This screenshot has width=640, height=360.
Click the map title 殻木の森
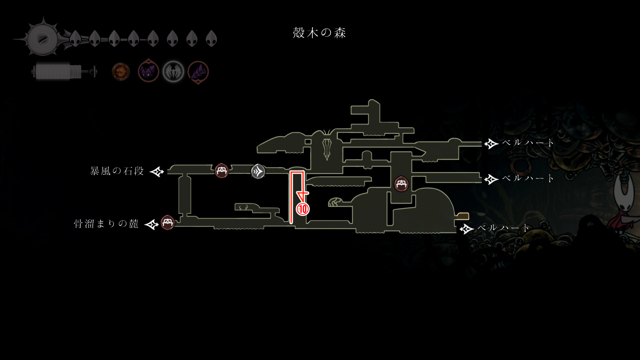click(x=319, y=33)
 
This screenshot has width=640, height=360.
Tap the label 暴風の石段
click(x=117, y=171)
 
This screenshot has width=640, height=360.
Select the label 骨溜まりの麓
click(x=106, y=224)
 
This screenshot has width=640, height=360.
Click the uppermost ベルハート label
click(x=527, y=143)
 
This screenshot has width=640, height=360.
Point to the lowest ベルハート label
click(x=503, y=228)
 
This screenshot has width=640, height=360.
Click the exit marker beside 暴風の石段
click(x=157, y=172)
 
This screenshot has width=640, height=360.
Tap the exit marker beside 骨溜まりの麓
click(x=152, y=224)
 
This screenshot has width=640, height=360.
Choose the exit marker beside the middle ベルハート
click(x=491, y=179)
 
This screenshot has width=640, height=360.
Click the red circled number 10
click(x=303, y=209)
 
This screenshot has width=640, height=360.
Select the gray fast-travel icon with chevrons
click(x=258, y=171)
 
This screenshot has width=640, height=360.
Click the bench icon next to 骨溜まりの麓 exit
click(x=168, y=223)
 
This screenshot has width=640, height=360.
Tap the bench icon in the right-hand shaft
click(x=401, y=184)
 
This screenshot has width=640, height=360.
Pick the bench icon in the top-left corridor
click(x=222, y=171)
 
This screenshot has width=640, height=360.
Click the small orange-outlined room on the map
click(x=463, y=216)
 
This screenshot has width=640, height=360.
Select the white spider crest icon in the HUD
click(x=173, y=72)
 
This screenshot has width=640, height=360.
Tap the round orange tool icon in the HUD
click(x=121, y=72)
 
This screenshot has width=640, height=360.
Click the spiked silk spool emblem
click(x=43, y=39)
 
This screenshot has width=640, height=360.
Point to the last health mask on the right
click(x=211, y=39)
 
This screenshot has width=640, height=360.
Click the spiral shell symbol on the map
click(x=335, y=202)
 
